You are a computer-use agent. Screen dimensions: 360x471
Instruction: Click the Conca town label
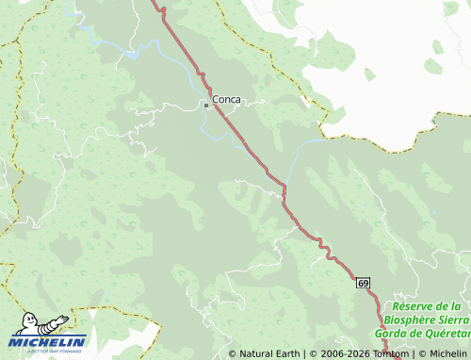coord(227,98)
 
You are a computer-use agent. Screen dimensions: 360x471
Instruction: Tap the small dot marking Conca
coord(206,106)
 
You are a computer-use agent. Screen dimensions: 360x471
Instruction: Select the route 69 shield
coord(363,283)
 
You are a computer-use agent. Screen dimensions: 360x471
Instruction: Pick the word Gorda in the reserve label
coord(394,333)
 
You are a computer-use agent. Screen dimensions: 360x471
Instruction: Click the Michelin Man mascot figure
coord(41,324)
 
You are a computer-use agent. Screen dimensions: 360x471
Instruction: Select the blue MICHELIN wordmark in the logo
coord(48,341)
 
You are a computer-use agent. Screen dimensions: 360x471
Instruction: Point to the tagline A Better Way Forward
coord(48,351)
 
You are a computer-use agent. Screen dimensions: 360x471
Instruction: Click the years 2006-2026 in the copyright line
coord(337,354)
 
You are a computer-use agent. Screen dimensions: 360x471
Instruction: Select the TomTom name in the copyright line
coord(390,354)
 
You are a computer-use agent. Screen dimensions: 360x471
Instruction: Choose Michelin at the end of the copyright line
coord(447,354)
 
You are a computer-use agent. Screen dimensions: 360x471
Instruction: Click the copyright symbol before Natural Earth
coord(233,354)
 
